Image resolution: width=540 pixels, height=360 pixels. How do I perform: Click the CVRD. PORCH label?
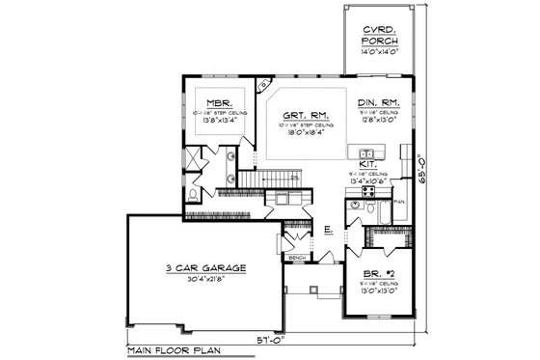click(373, 37)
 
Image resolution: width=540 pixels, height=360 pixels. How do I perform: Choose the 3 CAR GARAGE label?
click(202, 267)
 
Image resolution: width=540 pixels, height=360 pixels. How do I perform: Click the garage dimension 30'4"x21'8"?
click(202, 280)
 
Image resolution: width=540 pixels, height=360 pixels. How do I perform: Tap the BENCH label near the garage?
click(298, 258)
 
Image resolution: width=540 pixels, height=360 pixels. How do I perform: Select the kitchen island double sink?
click(367, 153)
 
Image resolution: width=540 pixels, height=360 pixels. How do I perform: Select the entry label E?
click(328, 230)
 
